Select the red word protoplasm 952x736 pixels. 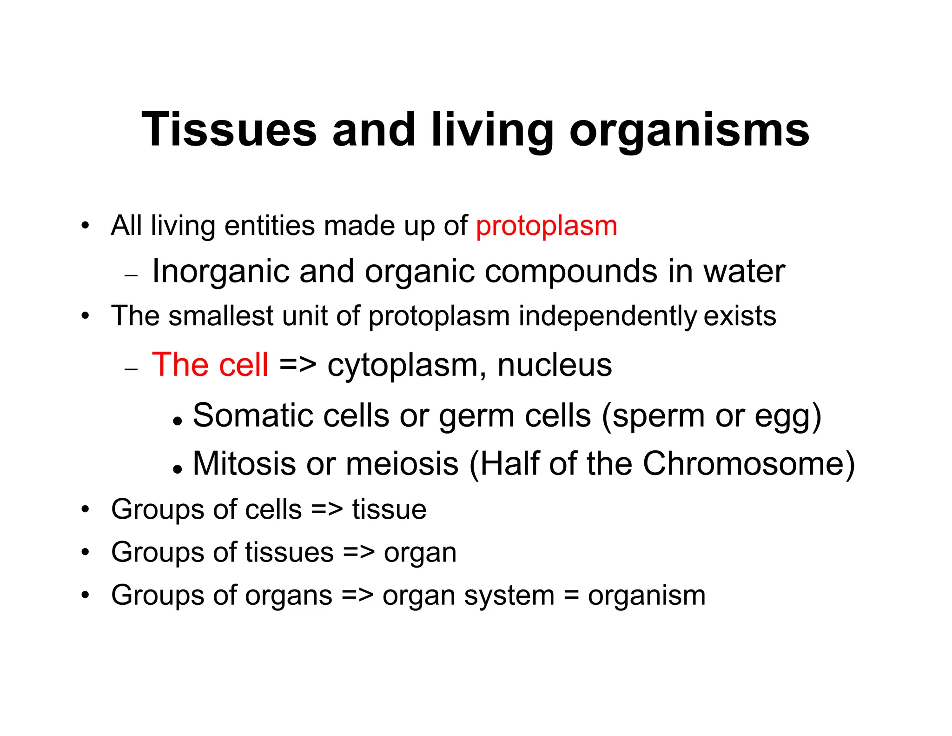(x=546, y=226)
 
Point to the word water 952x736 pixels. (x=744, y=272)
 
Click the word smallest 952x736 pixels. (x=221, y=316)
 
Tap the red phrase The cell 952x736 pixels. (x=210, y=364)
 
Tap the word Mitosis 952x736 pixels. (x=244, y=463)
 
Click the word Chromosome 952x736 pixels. (x=743, y=463)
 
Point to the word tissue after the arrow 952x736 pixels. (x=389, y=509)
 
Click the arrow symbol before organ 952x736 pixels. (x=358, y=553)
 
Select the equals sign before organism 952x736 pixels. (x=571, y=596)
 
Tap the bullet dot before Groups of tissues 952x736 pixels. (x=85, y=553)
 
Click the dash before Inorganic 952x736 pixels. (x=132, y=275)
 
